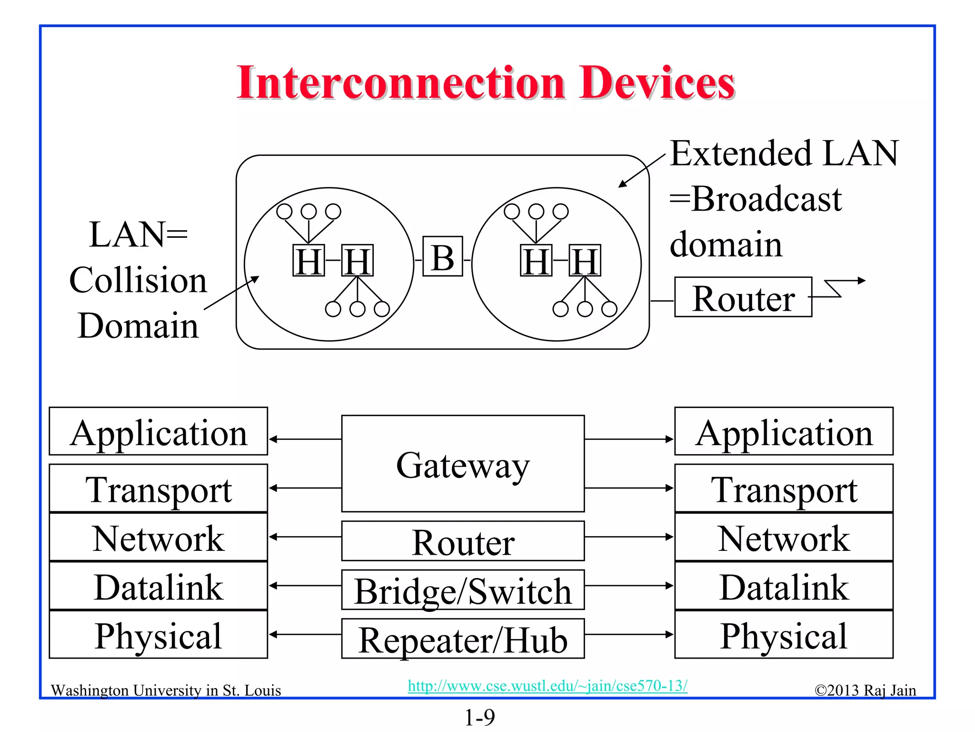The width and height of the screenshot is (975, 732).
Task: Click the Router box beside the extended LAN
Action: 743,297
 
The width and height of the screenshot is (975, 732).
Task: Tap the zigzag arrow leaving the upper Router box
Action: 838,288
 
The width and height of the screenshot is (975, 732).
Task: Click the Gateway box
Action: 463,464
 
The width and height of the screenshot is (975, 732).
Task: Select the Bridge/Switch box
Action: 463,590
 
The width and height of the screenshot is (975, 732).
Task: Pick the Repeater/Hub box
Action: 463,639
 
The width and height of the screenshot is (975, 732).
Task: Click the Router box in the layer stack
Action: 463,541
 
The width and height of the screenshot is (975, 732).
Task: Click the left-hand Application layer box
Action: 159,431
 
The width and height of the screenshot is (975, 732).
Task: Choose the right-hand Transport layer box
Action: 784,488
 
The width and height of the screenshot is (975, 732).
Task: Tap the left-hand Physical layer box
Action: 159,635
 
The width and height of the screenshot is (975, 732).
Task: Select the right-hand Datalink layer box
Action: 784,586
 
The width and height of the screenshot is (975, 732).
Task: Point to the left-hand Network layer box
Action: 159,538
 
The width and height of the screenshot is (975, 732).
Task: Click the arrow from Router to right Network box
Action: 628,537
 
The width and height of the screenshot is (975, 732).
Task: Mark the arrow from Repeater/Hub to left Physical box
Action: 305,634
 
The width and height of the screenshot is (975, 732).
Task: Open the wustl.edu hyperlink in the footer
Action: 547,686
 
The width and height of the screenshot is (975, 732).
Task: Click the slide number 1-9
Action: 479,717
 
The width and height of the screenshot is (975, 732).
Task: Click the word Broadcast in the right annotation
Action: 766,199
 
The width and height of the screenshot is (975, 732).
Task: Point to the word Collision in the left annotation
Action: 138,280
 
